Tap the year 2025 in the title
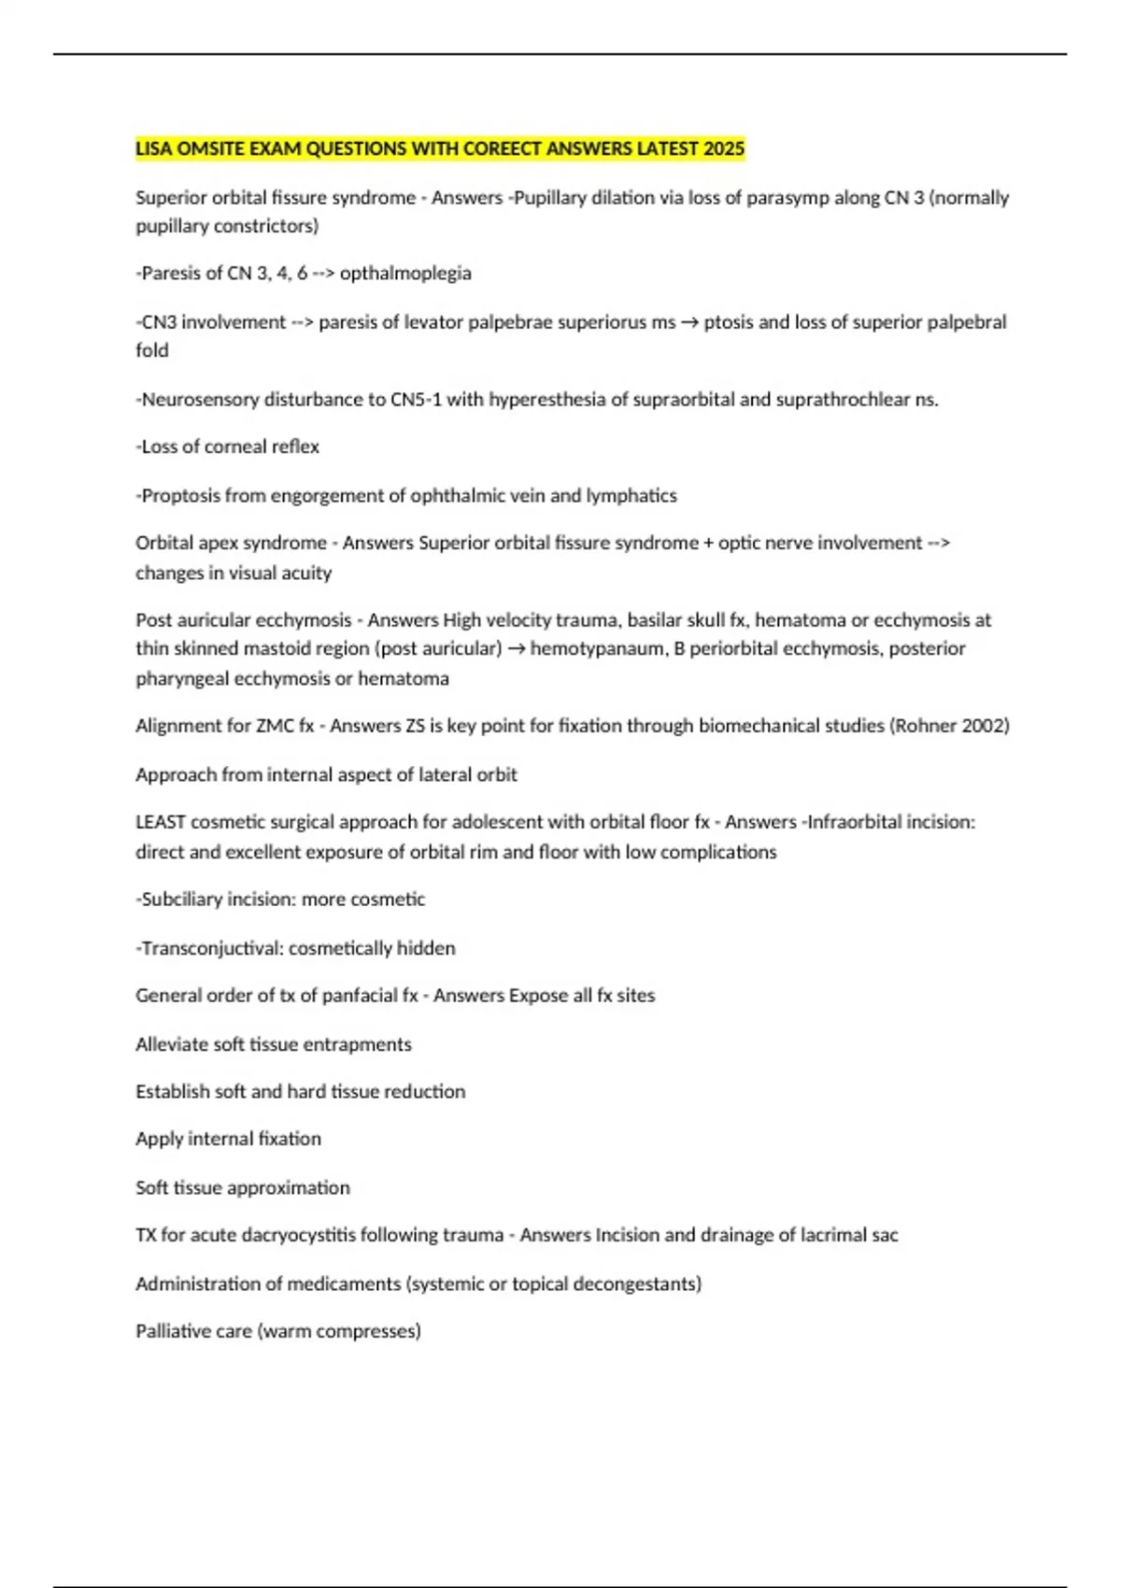(x=725, y=149)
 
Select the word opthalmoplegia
(x=405, y=274)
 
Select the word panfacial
(x=361, y=996)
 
